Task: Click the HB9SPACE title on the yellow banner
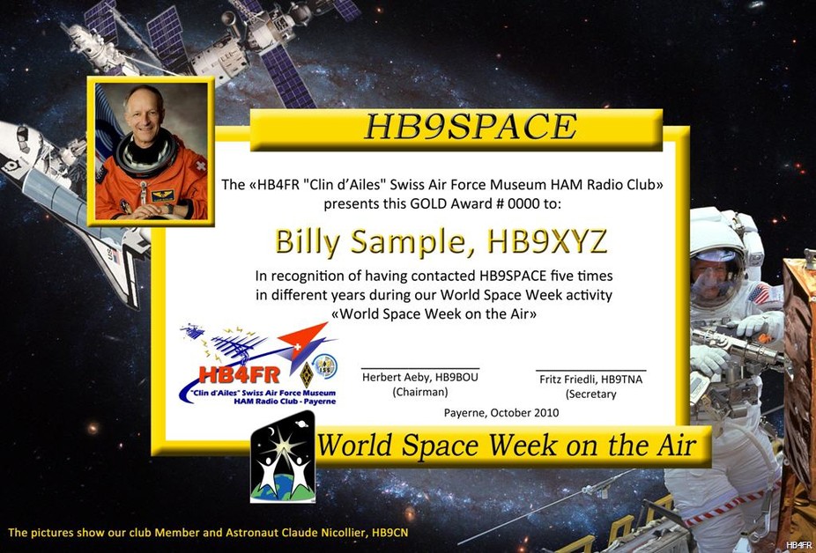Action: [x=471, y=127]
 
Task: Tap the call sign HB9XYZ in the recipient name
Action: [x=547, y=241]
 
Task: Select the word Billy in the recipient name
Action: [x=308, y=242]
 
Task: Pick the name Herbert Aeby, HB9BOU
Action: [x=420, y=377]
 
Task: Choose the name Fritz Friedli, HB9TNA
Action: [x=590, y=380]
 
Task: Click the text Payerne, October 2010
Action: [x=501, y=413]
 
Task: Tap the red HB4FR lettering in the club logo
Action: [x=240, y=374]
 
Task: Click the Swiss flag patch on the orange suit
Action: [x=200, y=166]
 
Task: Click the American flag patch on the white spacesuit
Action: [x=760, y=294]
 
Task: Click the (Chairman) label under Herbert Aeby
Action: [x=420, y=392]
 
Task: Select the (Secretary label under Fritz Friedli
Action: [x=590, y=394]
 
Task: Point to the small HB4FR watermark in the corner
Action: [x=798, y=545]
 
